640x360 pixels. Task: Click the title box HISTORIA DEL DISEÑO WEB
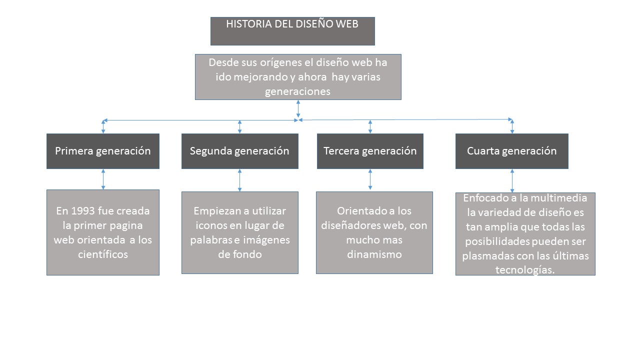(x=292, y=31)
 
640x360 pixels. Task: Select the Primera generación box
(x=103, y=151)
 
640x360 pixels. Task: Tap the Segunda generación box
(x=239, y=151)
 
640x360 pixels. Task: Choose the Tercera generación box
(x=370, y=151)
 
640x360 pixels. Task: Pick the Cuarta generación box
(x=511, y=151)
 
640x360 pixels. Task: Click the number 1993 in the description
(x=81, y=211)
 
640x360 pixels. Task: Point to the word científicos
(x=103, y=254)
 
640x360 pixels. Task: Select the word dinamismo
(x=374, y=254)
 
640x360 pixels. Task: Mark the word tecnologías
(x=525, y=270)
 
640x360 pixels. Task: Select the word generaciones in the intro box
(x=297, y=92)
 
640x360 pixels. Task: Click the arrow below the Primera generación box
(x=103, y=179)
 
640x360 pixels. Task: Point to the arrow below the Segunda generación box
(x=240, y=180)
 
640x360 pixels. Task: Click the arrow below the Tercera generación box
(x=370, y=179)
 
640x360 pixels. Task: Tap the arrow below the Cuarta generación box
(x=512, y=180)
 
